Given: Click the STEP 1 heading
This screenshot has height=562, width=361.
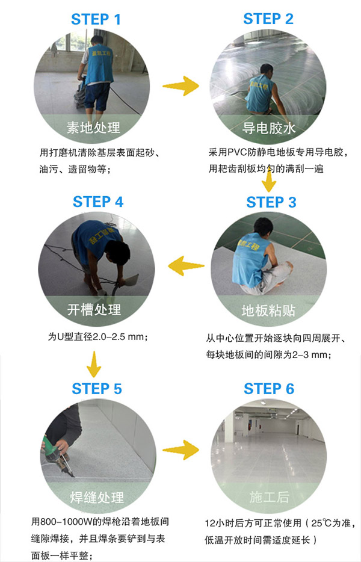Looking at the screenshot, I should (x=96, y=19).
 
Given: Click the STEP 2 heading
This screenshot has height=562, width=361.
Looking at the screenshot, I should (x=268, y=19).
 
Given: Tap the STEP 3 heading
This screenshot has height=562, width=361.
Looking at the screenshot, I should (x=271, y=202).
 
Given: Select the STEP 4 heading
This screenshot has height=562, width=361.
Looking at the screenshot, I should (x=98, y=202).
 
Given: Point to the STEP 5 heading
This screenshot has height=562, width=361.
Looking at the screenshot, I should (x=97, y=389).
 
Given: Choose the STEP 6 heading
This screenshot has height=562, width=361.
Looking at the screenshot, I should (x=269, y=389).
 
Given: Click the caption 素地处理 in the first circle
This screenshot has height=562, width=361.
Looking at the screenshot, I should (x=93, y=128).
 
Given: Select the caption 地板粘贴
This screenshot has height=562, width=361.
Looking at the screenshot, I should (x=268, y=310).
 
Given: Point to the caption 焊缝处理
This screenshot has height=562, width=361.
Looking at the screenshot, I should (x=97, y=498).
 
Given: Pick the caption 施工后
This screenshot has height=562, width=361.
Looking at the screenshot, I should (x=269, y=497).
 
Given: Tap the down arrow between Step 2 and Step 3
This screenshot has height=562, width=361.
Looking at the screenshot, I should (x=270, y=180).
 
